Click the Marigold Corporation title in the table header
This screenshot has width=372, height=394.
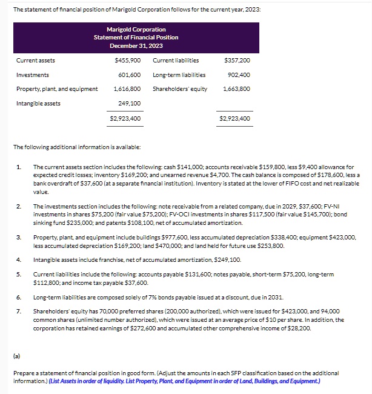[x=136, y=29]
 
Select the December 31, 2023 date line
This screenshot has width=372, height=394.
[x=136, y=45]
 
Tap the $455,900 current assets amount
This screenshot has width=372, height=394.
[x=127, y=61]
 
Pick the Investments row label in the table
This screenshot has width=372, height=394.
[x=33, y=75]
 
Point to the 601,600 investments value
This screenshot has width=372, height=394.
[x=130, y=75]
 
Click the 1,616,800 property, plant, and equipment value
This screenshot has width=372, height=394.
[x=127, y=89]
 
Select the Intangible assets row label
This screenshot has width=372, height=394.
[x=38, y=104]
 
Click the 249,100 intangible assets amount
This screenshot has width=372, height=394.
[x=130, y=104]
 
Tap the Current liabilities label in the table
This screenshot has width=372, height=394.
[x=176, y=61]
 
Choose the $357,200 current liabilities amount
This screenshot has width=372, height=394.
[x=237, y=61]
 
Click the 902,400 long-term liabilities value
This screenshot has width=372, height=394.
[x=239, y=75]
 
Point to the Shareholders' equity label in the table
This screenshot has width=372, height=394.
[x=180, y=89]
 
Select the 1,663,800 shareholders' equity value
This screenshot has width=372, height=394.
[x=237, y=89]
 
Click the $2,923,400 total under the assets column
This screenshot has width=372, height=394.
[x=125, y=119]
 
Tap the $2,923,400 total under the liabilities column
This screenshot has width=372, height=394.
[x=234, y=119]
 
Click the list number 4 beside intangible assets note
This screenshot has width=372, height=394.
[x=19, y=260]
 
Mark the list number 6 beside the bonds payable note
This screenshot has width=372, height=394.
[x=19, y=298]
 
